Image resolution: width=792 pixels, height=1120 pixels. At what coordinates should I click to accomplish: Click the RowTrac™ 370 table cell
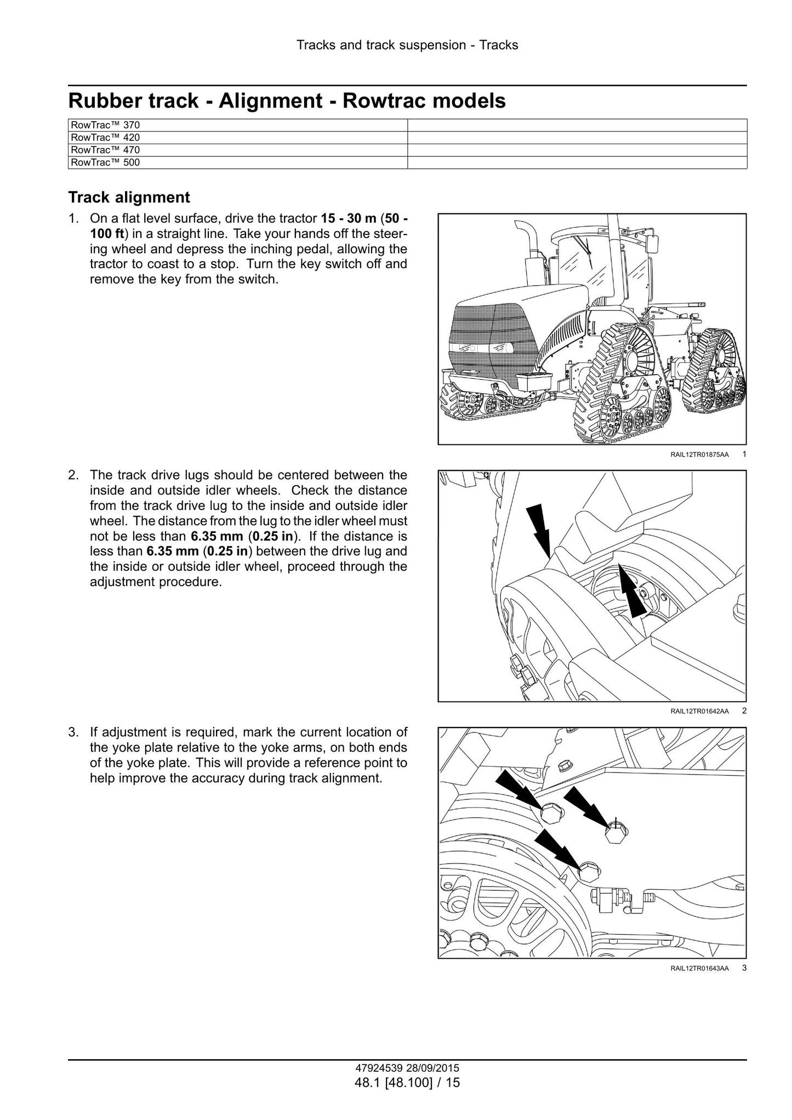pyautogui.click(x=238, y=125)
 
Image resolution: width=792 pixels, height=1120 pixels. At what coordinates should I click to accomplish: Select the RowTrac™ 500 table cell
pyautogui.click(x=238, y=162)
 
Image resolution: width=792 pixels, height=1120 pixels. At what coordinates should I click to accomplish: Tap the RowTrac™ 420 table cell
pyautogui.click(x=238, y=138)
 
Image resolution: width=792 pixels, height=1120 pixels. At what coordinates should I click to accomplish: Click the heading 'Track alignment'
pyautogui.click(x=129, y=197)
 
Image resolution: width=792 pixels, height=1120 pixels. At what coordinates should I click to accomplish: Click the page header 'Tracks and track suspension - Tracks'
pyautogui.click(x=407, y=45)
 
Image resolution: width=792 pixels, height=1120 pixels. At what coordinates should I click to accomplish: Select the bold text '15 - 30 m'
pyautogui.click(x=348, y=219)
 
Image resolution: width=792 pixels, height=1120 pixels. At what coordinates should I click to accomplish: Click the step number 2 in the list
pyautogui.click(x=72, y=475)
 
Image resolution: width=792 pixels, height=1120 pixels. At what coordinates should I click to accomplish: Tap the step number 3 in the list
pyautogui.click(x=72, y=732)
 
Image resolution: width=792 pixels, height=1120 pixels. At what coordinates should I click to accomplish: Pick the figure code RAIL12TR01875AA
pyautogui.click(x=699, y=454)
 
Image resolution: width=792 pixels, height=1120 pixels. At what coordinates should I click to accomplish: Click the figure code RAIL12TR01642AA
pyautogui.click(x=699, y=712)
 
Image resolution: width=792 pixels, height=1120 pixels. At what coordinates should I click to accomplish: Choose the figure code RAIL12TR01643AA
pyautogui.click(x=699, y=969)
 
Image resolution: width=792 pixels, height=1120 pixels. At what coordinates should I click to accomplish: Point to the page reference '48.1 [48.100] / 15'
pyautogui.click(x=407, y=1082)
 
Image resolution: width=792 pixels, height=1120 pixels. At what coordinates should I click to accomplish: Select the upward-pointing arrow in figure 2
pyautogui.click(x=630, y=593)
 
